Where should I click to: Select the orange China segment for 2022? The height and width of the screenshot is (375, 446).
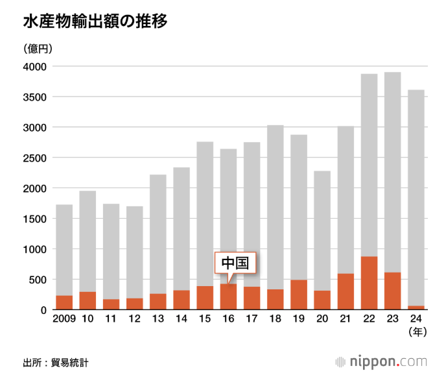[370, 283]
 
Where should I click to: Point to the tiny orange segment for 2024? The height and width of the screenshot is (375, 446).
[416, 308]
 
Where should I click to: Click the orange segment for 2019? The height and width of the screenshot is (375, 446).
[299, 295]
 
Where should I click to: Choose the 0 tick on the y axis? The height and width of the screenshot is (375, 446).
[43, 310]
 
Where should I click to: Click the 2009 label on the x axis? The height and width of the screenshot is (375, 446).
[64, 320]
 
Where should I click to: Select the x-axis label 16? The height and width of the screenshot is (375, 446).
[228, 320]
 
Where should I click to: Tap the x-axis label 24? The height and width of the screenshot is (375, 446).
[416, 320]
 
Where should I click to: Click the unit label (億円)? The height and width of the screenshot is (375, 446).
[38, 49]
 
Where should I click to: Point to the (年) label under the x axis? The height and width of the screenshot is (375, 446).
[416, 333]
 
